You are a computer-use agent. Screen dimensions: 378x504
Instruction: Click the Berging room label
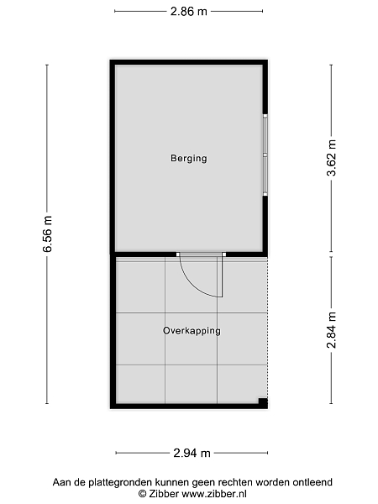pos(189,159)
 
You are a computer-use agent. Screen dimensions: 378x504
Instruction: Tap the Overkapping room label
pos(192,331)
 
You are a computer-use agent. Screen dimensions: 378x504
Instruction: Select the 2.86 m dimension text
pos(189,12)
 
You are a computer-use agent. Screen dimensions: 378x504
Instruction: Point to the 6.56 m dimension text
pos(48,234)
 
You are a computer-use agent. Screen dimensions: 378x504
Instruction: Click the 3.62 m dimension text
pos(331,158)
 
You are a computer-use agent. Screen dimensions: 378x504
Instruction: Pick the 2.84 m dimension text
pos(331,330)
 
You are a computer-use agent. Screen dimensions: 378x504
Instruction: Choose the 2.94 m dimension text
pos(192,454)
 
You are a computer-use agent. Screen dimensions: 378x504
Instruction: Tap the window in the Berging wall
pos(265,155)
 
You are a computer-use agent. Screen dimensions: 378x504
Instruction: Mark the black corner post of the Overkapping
pos(263,402)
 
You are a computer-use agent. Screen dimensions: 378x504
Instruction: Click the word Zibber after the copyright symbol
pos(163,493)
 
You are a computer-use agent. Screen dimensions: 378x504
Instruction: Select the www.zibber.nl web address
pos(214,493)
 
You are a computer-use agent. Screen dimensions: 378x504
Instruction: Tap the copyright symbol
pos(143,493)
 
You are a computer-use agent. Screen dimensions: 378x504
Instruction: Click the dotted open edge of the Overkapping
pos(267,328)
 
